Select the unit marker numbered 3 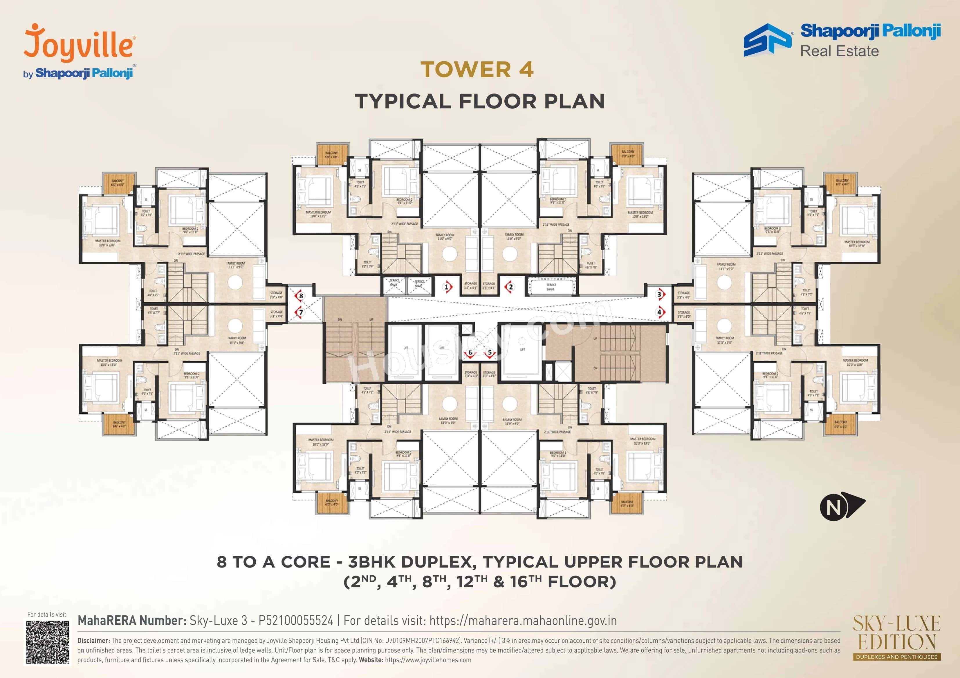[x=659, y=295]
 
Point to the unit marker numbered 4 [x=659, y=312]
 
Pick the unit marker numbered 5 [x=490, y=352]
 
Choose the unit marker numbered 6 [x=470, y=352]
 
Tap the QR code [x=47, y=643]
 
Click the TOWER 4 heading [x=477, y=69]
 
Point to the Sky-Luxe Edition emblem [x=896, y=637]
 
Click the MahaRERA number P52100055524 [x=296, y=620]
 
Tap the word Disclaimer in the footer [x=94, y=640]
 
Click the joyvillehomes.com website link [x=428, y=660]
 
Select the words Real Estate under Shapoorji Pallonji [x=839, y=51]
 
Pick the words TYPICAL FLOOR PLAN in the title [x=480, y=101]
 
